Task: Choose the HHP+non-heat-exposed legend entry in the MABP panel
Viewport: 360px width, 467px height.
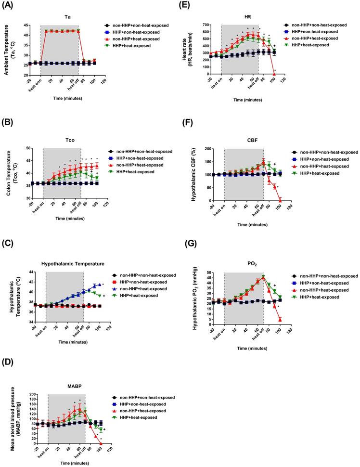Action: pyautogui.click(x=147, y=404)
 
